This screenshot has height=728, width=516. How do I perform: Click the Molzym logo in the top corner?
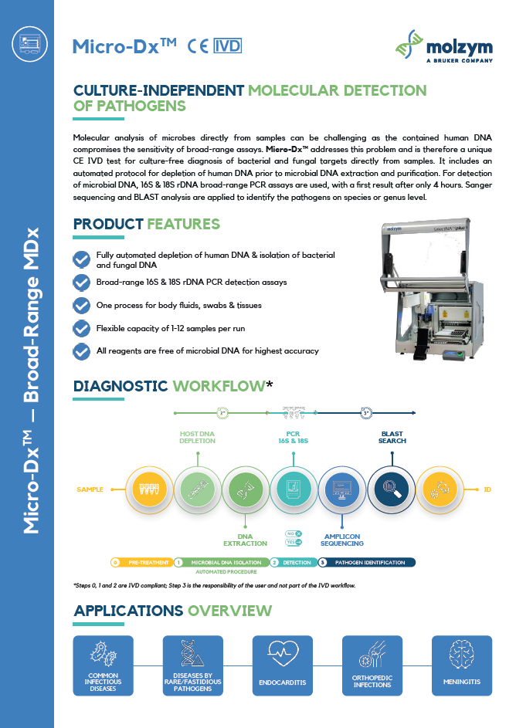coord(443,45)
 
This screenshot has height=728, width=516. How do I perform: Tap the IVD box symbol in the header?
coord(227,46)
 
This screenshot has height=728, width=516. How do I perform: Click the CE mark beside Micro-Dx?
coord(197,46)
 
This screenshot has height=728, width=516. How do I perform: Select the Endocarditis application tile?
coord(283,665)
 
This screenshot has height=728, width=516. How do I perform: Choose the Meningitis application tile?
coord(461,665)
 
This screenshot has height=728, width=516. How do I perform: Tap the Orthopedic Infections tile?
coord(372,665)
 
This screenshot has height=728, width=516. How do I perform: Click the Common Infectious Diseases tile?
coord(103,665)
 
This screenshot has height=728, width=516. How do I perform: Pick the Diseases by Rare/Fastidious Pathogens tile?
coord(192,665)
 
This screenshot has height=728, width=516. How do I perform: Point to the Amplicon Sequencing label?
coord(342,540)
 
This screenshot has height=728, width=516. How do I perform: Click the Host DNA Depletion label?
coord(197,437)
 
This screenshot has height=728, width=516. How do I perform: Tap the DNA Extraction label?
coord(244,540)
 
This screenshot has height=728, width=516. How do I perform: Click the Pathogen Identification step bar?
coord(368,562)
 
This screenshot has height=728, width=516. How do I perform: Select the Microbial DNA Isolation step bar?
coord(222,562)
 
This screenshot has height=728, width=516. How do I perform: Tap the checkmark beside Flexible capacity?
coord(81,328)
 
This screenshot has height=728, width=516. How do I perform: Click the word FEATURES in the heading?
coord(183,225)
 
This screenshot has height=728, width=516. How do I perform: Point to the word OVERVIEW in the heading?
coord(229,611)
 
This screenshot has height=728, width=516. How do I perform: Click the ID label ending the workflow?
coord(487,489)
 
